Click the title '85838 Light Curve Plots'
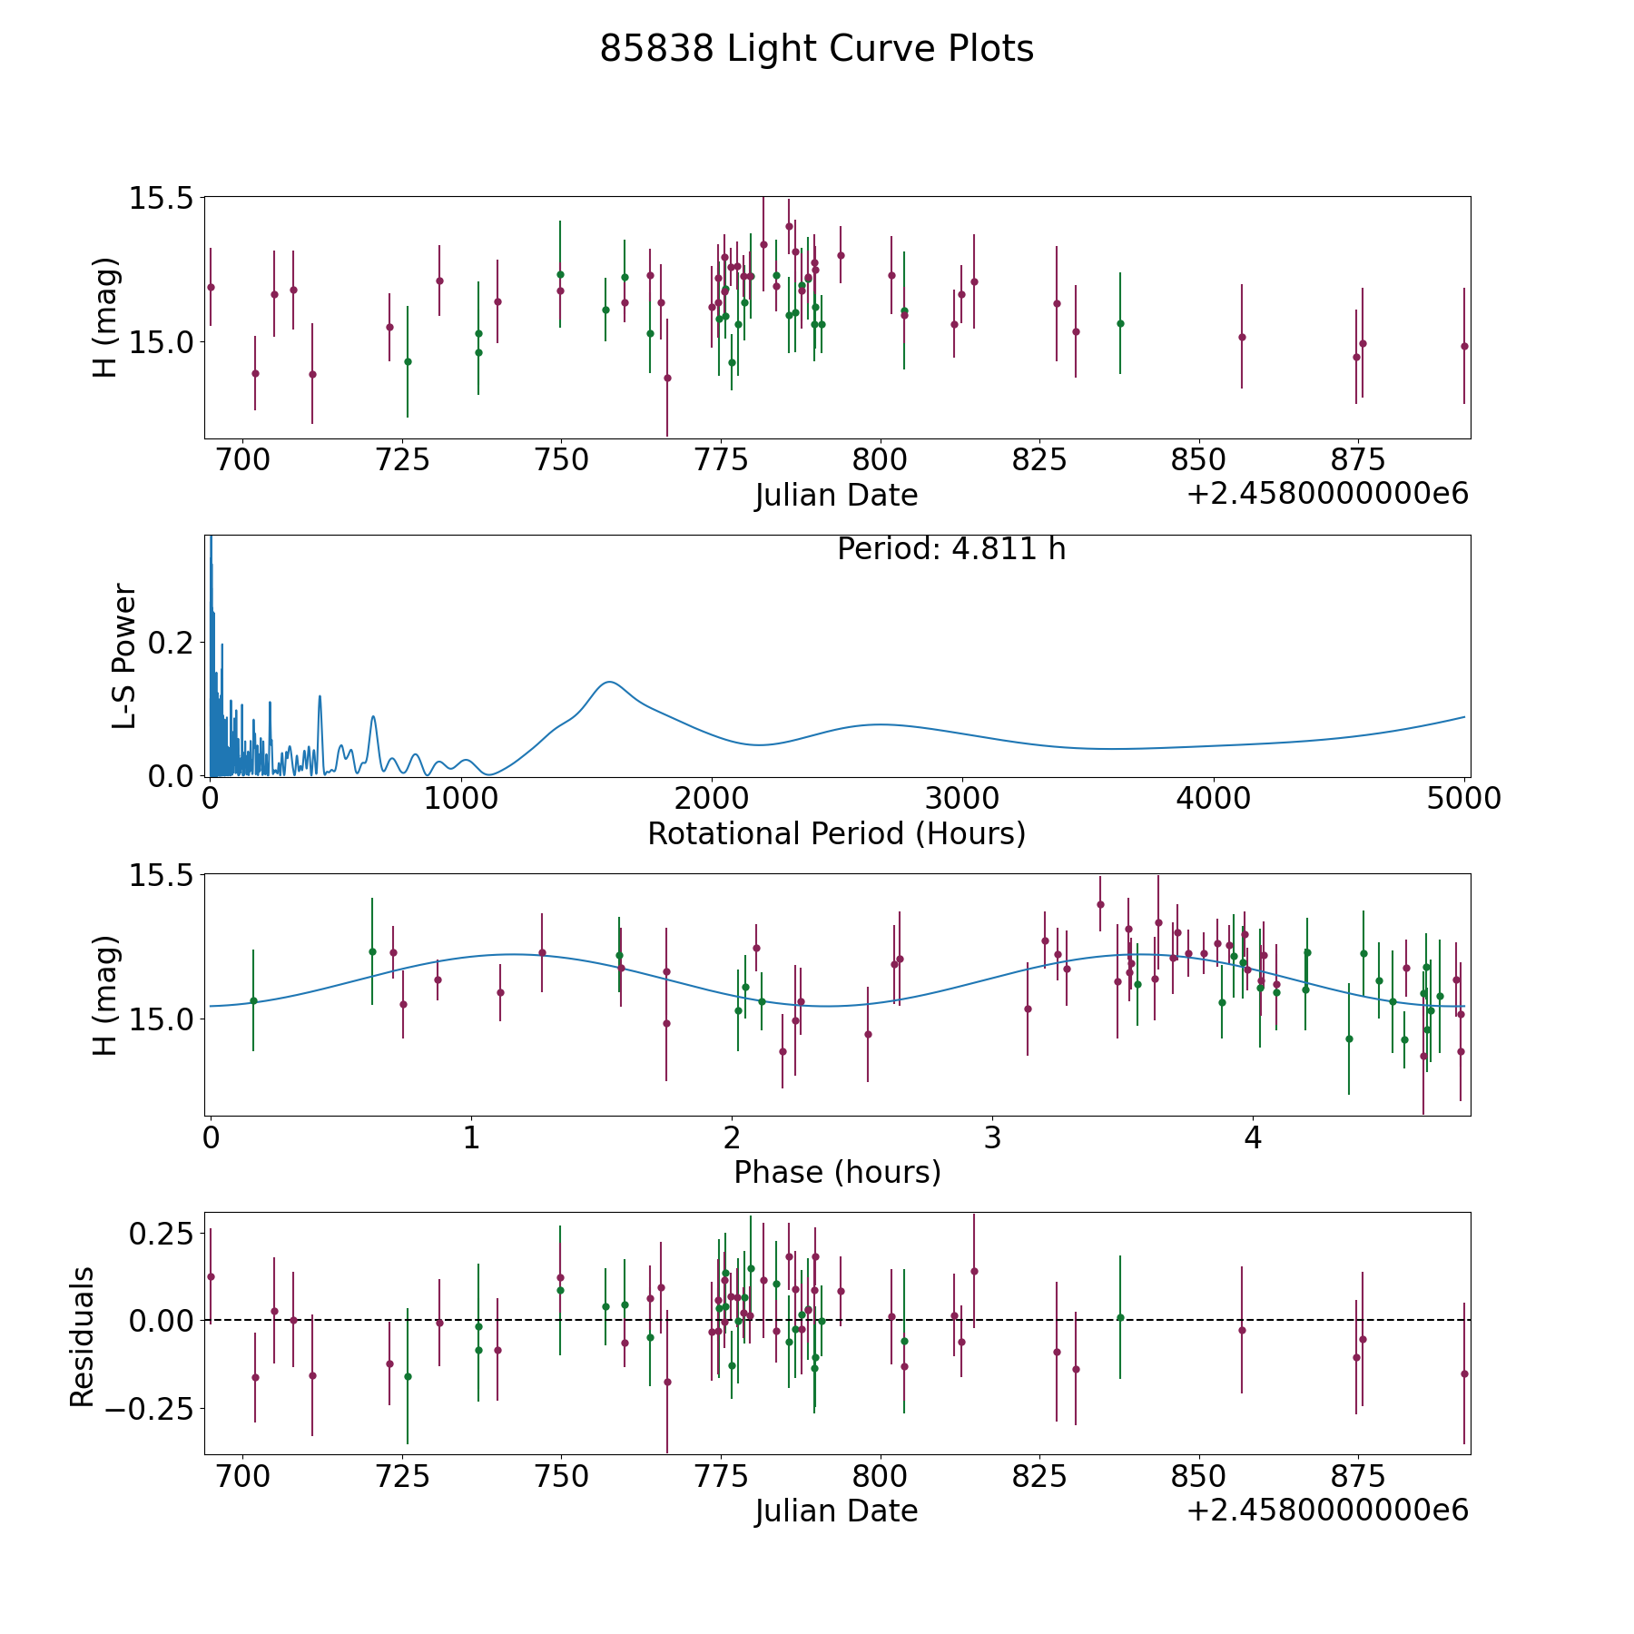point(816,49)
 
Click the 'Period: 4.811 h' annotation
point(950,549)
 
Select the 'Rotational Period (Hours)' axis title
point(836,833)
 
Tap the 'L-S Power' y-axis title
point(124,656)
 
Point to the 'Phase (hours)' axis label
point(837,1172)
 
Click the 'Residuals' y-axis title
point(83,1337)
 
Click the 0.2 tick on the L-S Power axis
point(171,643)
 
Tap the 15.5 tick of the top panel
point(162,198)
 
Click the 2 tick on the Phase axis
point(732,1138)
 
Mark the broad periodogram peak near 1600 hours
point(609,682)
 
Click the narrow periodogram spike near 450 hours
point(320,696)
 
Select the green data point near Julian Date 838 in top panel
point(1120,323)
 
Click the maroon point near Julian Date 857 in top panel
point(1242,337)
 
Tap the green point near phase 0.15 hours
point(253,1000)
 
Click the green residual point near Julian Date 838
point(1120,1317)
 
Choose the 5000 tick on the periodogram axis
point(1463,799)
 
